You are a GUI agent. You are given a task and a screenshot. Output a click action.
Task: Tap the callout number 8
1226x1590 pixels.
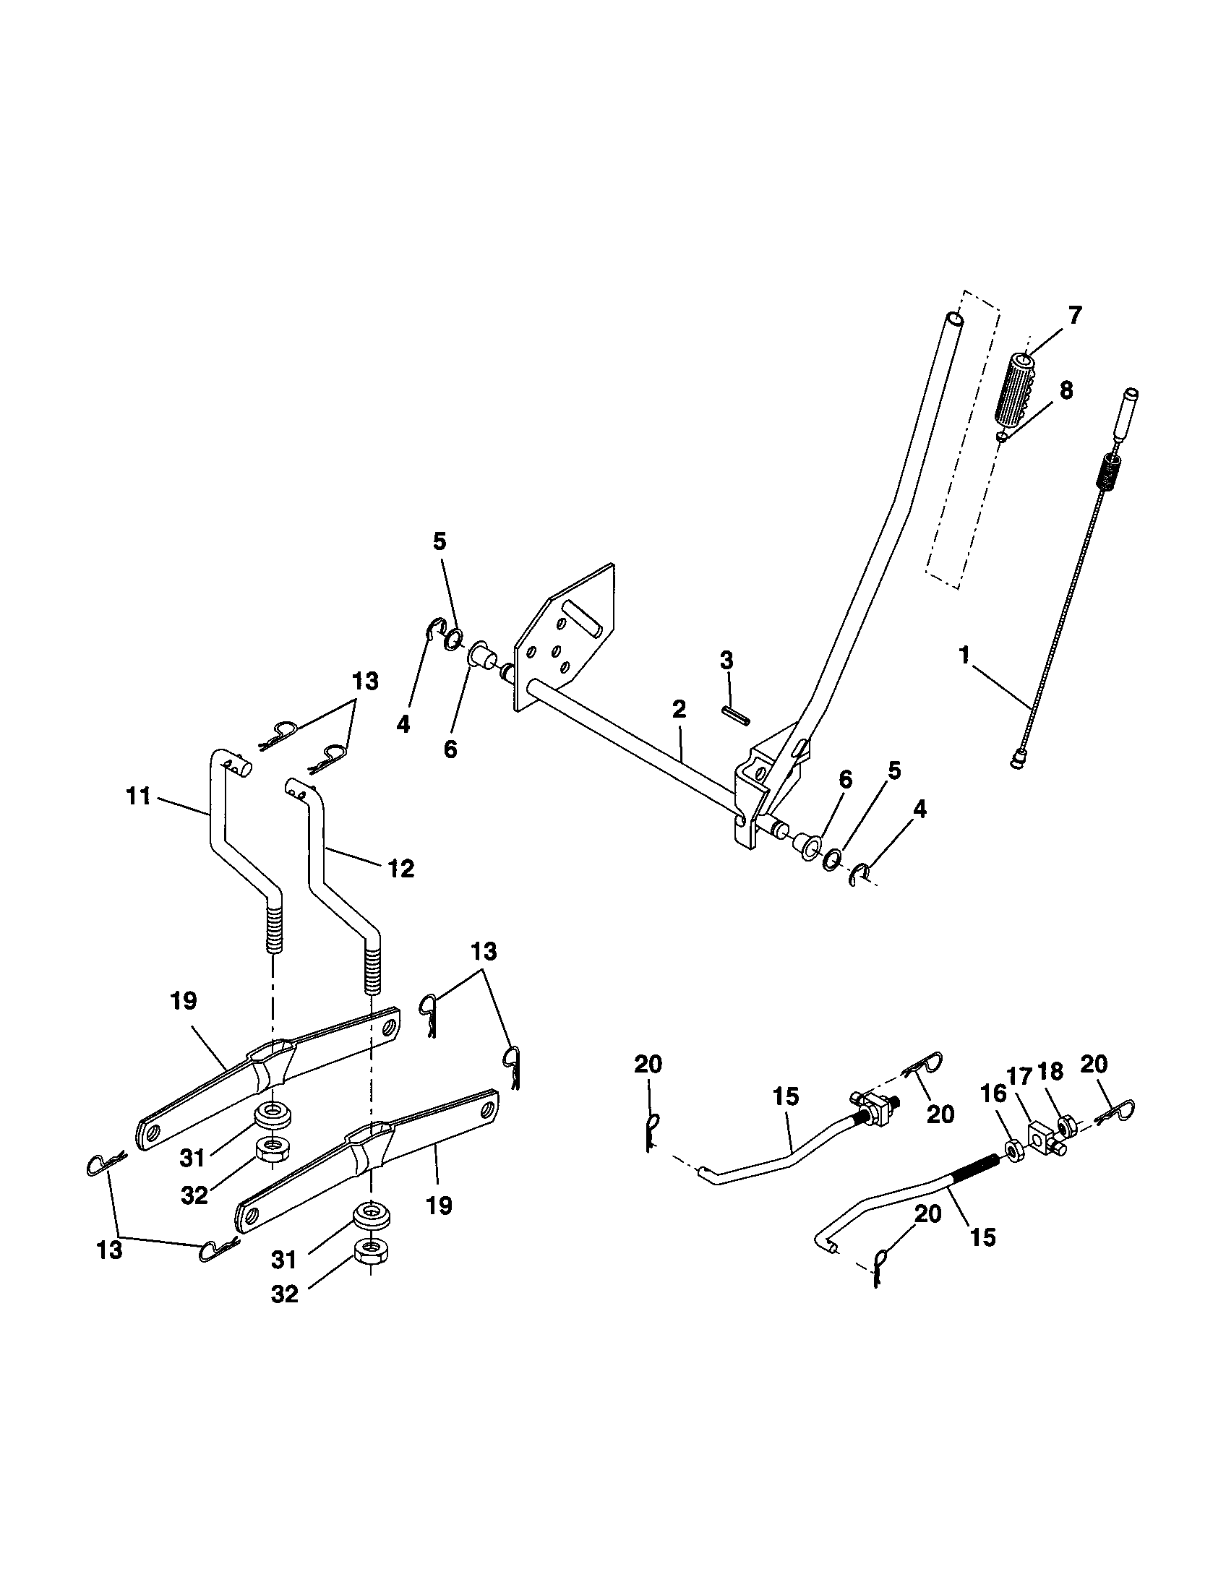coord(1066,391)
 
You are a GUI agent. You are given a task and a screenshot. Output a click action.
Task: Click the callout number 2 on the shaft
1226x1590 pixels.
coord(679,710)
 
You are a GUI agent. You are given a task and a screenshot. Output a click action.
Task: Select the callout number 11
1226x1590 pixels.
coord(138,796)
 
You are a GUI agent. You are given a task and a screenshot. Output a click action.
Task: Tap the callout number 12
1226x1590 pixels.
coord(400,868)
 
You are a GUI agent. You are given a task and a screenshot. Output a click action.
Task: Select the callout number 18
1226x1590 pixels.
coord(1050,1071)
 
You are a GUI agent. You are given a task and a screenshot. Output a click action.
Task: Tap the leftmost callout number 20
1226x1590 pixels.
coord(648,1065)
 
